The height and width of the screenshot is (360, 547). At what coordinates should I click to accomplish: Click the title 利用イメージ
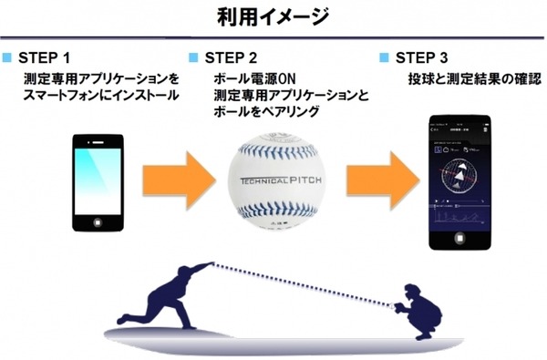(x=273, y=16)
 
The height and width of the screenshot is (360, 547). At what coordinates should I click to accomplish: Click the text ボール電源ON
(x=247, y=79)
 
